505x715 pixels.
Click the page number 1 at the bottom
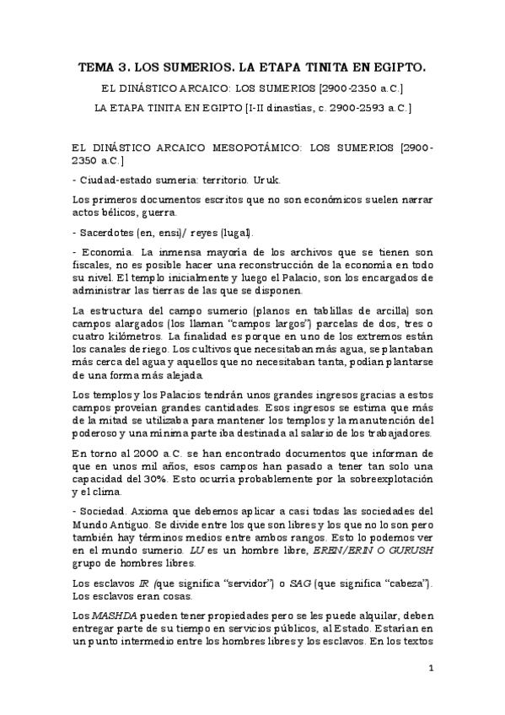point(431,669)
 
